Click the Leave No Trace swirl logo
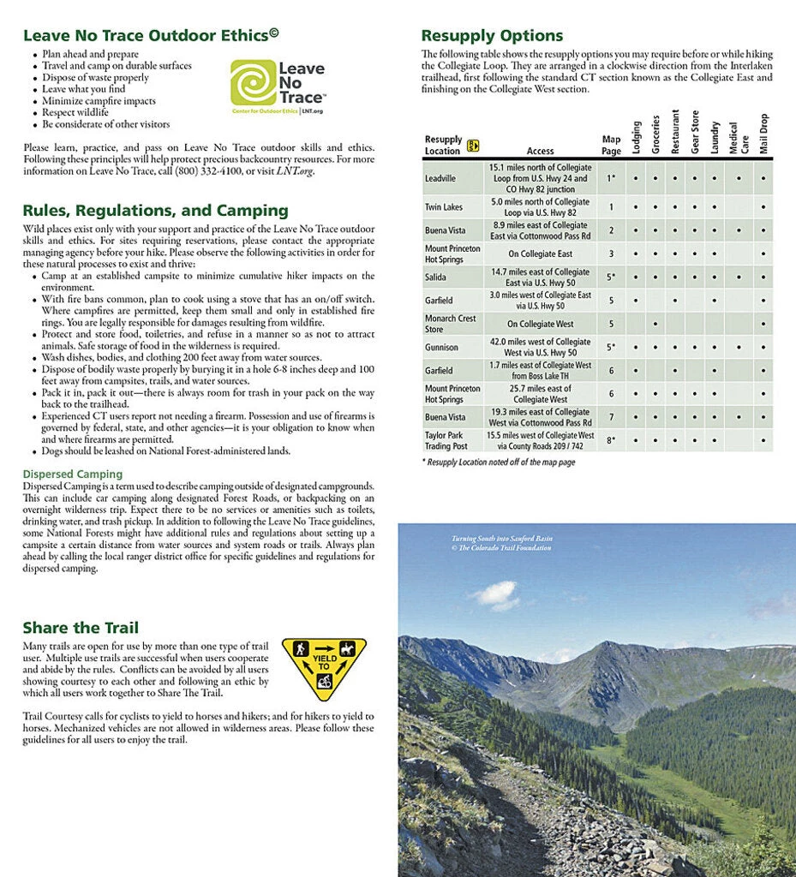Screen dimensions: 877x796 (253, 82)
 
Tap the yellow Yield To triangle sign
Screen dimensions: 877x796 (324, 665)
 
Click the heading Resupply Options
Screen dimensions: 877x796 (492, 36)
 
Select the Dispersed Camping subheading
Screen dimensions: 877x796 (73, 474)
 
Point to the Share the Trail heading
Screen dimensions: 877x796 (81, 628)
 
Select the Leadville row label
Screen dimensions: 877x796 (440, 179)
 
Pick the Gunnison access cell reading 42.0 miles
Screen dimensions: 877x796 (540, 348)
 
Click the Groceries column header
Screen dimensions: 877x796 (655, 135)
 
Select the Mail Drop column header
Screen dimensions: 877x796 (763, 134)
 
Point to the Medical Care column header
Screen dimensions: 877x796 (738, 137)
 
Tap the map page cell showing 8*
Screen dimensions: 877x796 (611, 440)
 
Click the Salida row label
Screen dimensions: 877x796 (436, 277)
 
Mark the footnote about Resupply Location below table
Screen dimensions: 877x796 (498, 462)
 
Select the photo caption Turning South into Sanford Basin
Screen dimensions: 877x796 (502, 539)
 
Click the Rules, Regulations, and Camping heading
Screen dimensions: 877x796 (155, 211)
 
